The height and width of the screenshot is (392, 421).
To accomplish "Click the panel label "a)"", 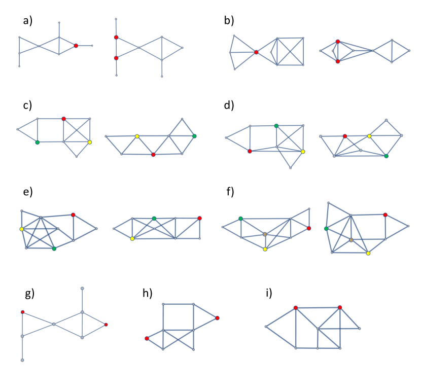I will tap(27, 21).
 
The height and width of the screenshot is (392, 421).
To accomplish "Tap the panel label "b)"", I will tap(229, 21).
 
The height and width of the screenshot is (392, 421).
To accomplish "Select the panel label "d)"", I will tap(229, 105).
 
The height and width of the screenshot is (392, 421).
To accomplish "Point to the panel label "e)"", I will tap(27, 191).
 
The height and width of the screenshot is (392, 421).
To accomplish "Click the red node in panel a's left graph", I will tap(76, 46).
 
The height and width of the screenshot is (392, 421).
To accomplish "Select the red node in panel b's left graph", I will tap(256, 52).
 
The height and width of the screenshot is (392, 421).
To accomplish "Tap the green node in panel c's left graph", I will tap(37, 142).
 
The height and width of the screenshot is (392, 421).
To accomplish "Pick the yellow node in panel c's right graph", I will tap(137, 136).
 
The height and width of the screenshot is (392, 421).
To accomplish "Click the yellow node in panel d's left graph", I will tap(303, 152).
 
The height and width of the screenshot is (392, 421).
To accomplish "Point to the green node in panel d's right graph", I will tap(386, 156).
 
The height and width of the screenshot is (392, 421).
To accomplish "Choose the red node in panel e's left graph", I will tap(73, 215).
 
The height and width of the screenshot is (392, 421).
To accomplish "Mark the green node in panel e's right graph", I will tap(154, 219).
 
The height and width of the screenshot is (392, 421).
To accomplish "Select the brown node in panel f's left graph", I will tap(265, 234).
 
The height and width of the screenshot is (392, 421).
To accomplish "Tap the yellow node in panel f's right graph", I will tap(368, 253).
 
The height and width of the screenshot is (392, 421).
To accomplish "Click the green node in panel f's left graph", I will tap(240, 219).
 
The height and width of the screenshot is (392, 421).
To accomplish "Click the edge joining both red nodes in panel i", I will tap(318, 307).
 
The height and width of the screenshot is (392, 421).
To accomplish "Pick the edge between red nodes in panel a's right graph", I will tap(116, 48).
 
